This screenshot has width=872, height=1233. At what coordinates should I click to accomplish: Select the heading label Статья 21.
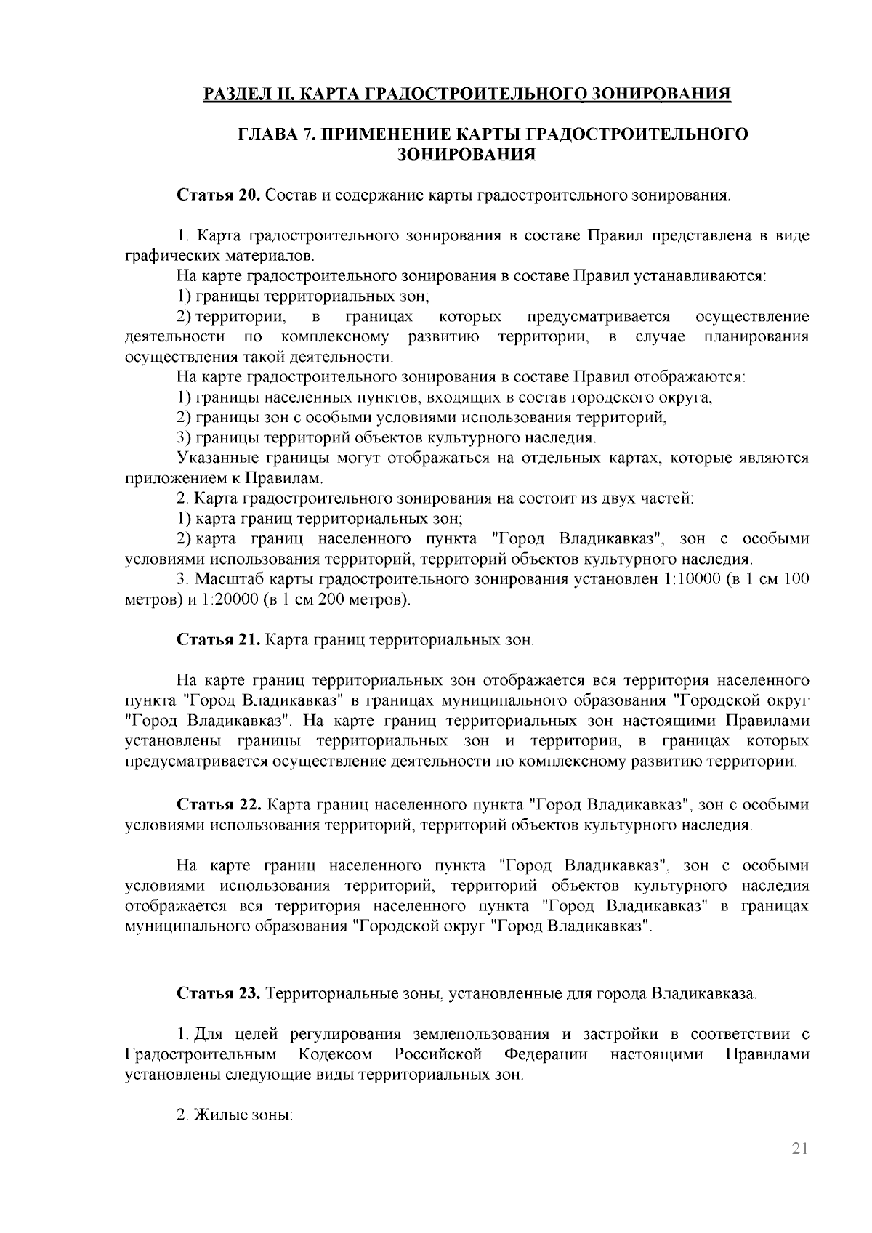tap(218, 640)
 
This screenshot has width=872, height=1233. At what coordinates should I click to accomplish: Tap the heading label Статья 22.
tap(218, 805)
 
